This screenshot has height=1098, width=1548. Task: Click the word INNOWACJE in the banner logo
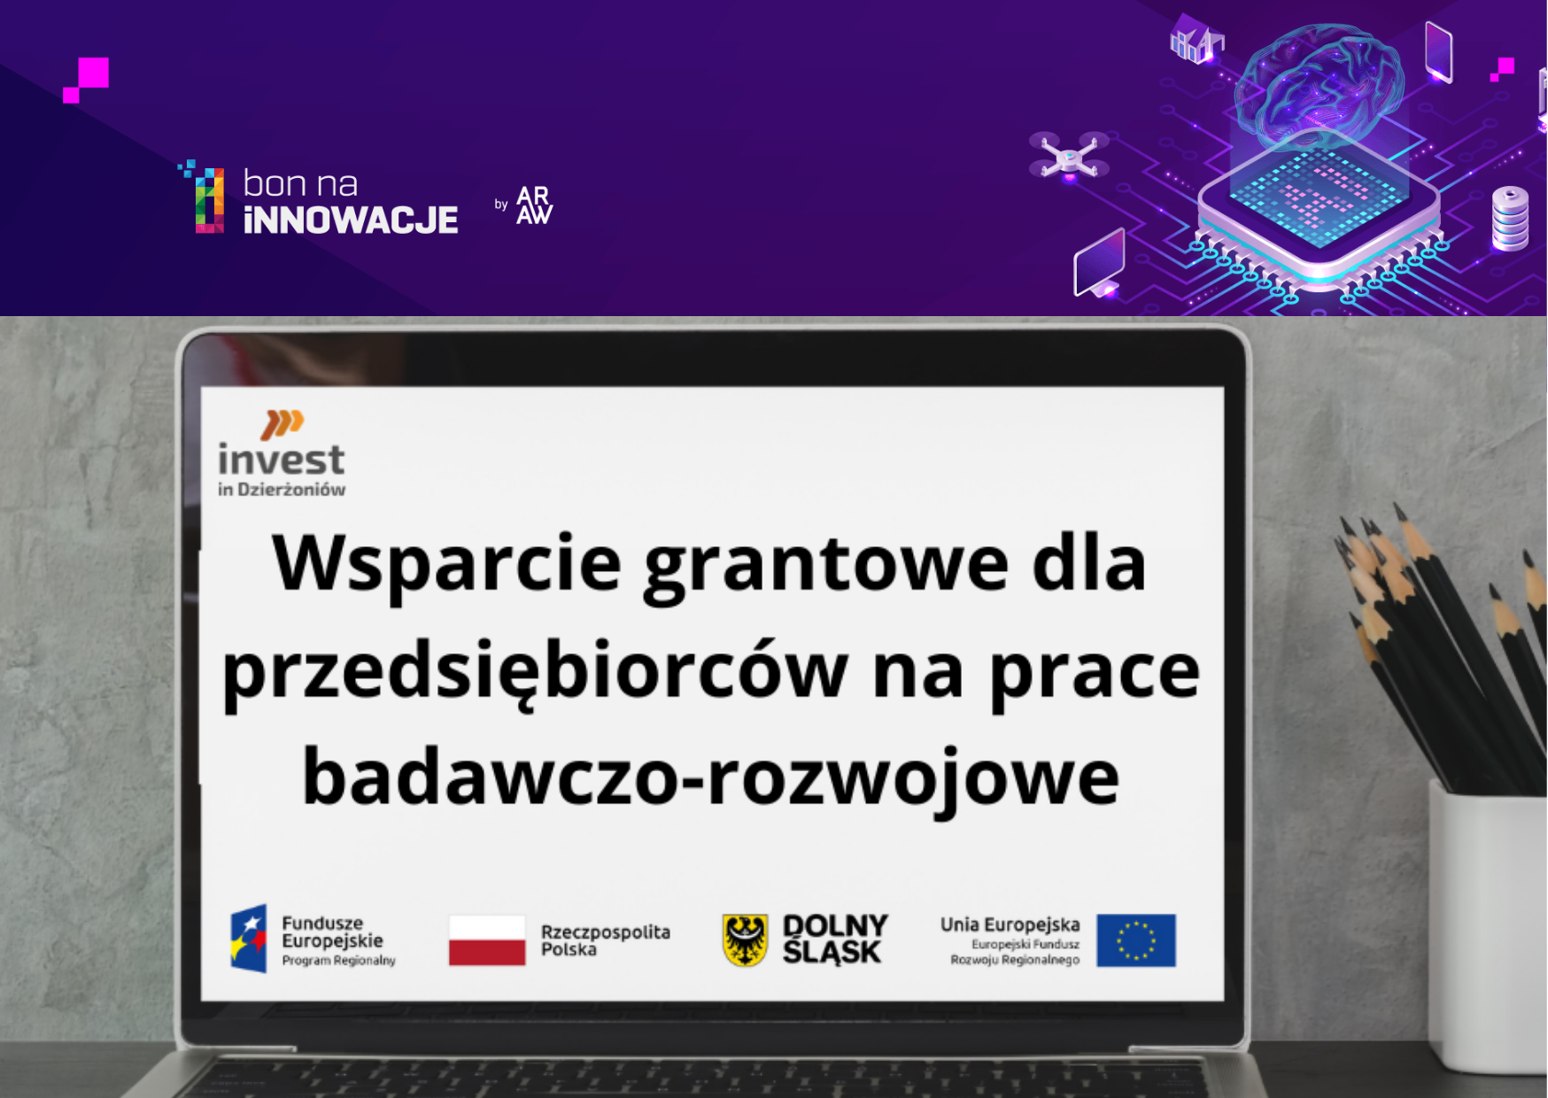351,220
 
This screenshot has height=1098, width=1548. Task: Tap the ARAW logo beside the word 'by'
534,205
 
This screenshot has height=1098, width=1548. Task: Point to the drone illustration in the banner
1069,157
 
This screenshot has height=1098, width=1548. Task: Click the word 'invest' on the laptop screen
281,460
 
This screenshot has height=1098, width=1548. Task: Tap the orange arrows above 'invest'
282,424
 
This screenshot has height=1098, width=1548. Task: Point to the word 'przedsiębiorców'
535,672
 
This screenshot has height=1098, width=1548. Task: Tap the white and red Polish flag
487,940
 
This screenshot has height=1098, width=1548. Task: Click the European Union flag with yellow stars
1136,940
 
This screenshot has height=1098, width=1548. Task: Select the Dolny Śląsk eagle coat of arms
745,940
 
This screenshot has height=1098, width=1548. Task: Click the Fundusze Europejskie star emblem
249,939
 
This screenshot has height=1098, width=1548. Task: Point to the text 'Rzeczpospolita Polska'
606,940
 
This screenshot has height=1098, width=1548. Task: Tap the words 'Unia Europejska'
1010,924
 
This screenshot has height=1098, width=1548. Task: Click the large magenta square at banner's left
93,73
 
